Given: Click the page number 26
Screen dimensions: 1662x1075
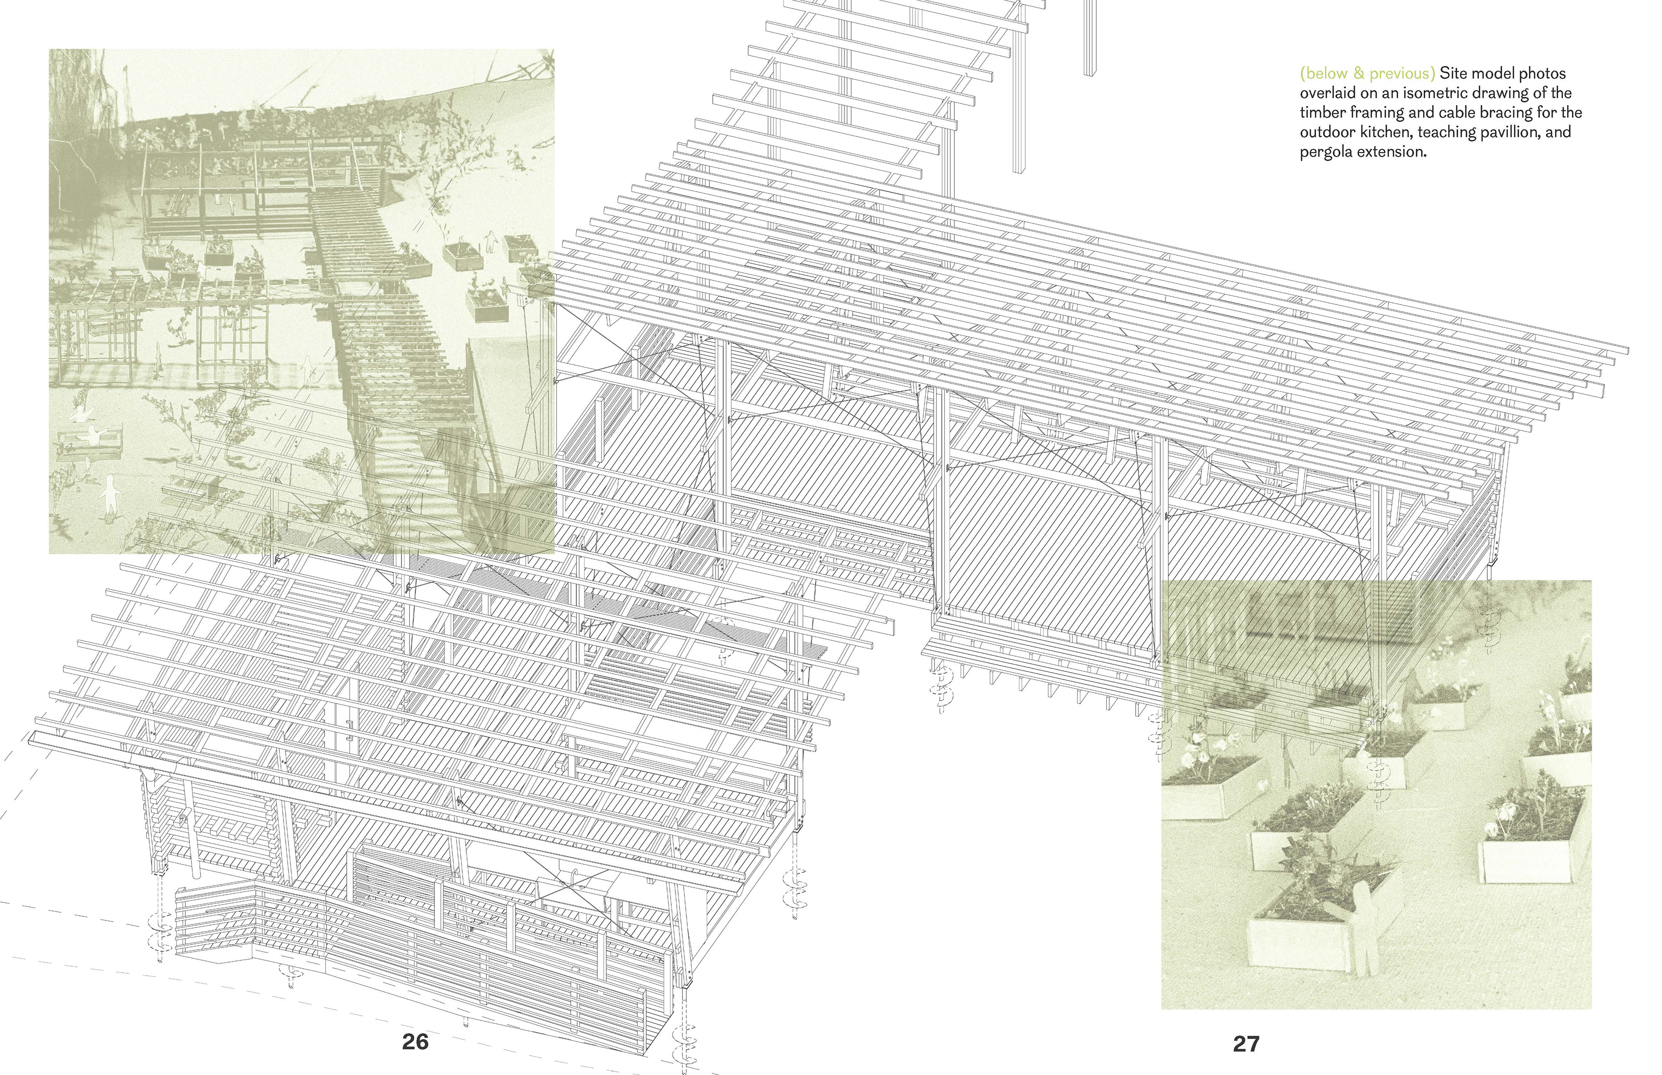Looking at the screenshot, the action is click(415, 1042).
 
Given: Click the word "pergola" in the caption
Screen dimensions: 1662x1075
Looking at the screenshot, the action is click(1325, 151).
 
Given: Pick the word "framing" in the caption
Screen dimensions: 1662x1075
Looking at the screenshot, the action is click(1374, 112).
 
